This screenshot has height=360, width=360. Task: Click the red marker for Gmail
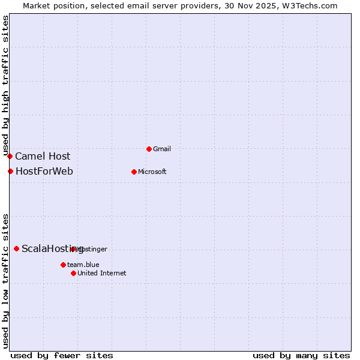click(149, 149)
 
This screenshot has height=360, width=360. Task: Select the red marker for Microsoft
click(134, 172)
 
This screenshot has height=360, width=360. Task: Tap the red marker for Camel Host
click(10, 156)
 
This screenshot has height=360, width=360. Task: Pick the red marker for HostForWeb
click(10, 171)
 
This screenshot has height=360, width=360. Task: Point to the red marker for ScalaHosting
click(16, 248)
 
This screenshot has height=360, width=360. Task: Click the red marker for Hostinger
click(73, 249)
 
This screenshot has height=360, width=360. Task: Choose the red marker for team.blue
click(63, 265)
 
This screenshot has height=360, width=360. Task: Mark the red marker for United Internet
click(73, 273)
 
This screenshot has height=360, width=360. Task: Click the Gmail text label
click(163, 149)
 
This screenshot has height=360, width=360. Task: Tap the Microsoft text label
click(152, 172)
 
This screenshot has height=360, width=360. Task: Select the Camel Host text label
click(43, 156)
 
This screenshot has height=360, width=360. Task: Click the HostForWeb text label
click(44, 171)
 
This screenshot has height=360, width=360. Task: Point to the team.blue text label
click(83, 265)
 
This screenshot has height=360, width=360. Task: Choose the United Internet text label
click(102, 273)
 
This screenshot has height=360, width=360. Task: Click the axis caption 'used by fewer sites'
click(62, 355)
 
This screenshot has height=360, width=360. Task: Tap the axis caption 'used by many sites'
click(301, 355)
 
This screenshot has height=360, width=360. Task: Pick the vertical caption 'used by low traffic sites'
click(5, 280)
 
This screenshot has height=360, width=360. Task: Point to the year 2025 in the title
click(266, 5)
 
